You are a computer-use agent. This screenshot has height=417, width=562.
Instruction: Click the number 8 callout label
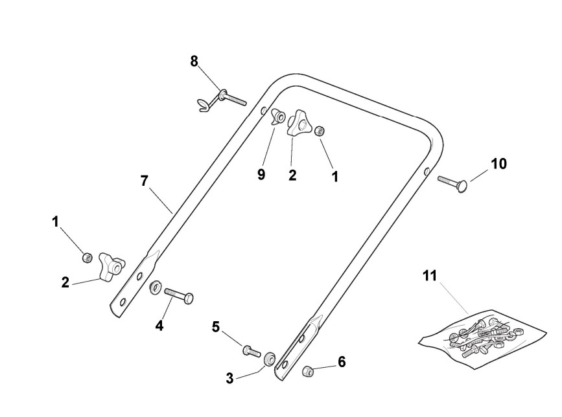tap(194, 62)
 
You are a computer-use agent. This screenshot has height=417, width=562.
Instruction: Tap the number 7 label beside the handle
tap(144, 181)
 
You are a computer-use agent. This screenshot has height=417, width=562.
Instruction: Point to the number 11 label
tap(430, 276)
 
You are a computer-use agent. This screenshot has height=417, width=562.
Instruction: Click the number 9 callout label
tap(261, 175)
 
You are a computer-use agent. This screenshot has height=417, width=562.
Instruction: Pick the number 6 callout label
tap(342, 362)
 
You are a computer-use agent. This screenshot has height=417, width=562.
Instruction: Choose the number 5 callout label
tap(216, 327)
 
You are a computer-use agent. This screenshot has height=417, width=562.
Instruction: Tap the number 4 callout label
tap(159, 325)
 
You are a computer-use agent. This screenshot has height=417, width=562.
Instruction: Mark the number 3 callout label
tap(229, 379)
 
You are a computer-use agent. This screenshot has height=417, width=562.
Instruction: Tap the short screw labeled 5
tap(250, 351)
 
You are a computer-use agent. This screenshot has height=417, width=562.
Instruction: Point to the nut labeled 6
tap(309, 371)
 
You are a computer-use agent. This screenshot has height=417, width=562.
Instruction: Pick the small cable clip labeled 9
tap(279, 117)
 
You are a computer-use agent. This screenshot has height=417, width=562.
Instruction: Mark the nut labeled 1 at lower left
tap(86, 258)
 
